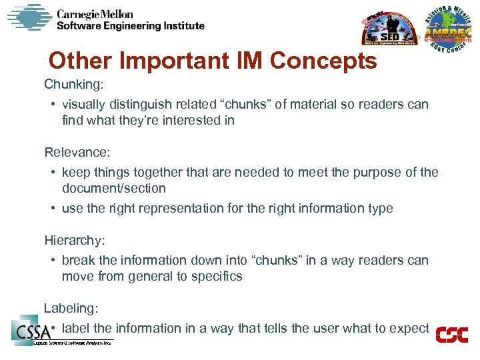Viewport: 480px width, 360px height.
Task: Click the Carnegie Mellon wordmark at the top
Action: [x=95, y=13]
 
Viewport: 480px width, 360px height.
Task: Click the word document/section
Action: [x=114, y=189]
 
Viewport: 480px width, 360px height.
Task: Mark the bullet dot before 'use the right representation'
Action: [x=52, y=209]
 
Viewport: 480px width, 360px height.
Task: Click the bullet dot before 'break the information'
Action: [x=52, y=261]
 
